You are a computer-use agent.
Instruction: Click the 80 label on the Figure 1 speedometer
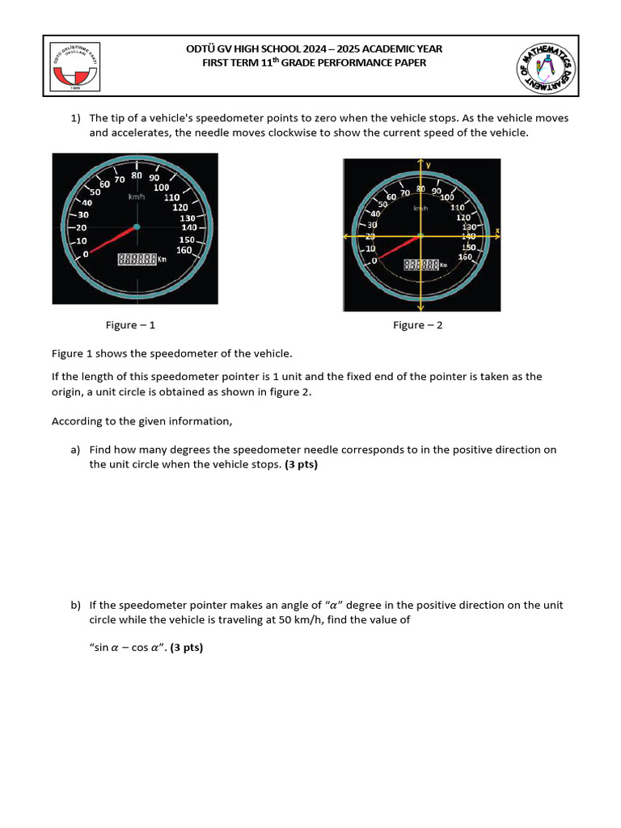(x=137, y=175)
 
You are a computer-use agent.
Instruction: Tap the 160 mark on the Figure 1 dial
(x=184, y=250)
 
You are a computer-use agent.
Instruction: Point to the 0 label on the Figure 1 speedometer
(x=86, y=254)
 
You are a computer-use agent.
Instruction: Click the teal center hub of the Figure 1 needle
(x=137, y=226)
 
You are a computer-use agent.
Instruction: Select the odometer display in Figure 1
(x=137, y=260)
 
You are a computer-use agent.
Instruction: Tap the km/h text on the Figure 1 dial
(x=137, y=196)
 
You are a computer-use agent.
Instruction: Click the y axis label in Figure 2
(x=429, y=164)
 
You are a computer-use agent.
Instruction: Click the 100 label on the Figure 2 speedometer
(x=447, y=196)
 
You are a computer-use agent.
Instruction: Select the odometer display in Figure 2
(x=422, y=264)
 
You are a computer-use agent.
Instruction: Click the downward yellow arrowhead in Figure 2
(x=420, y=308)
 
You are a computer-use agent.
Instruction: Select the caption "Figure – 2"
(x=417, y=325)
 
